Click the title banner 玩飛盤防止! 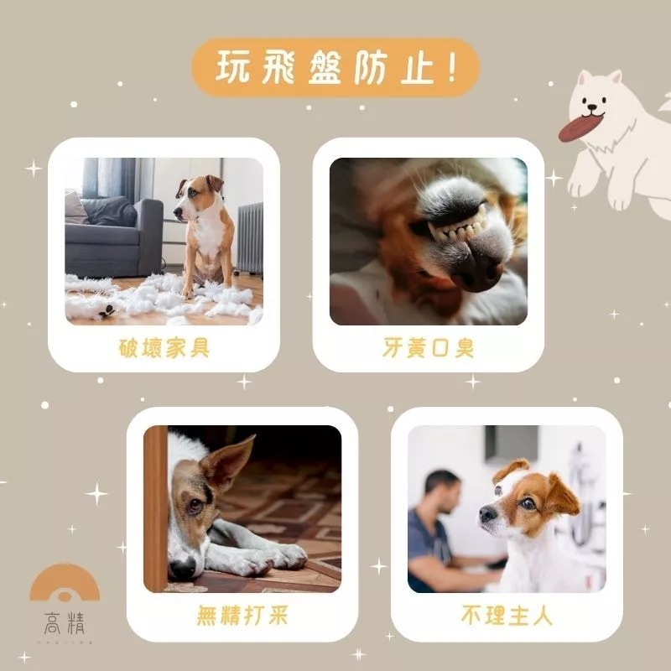coord(335,68)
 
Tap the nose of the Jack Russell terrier coord(486,514)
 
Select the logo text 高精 coord(65,624)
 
